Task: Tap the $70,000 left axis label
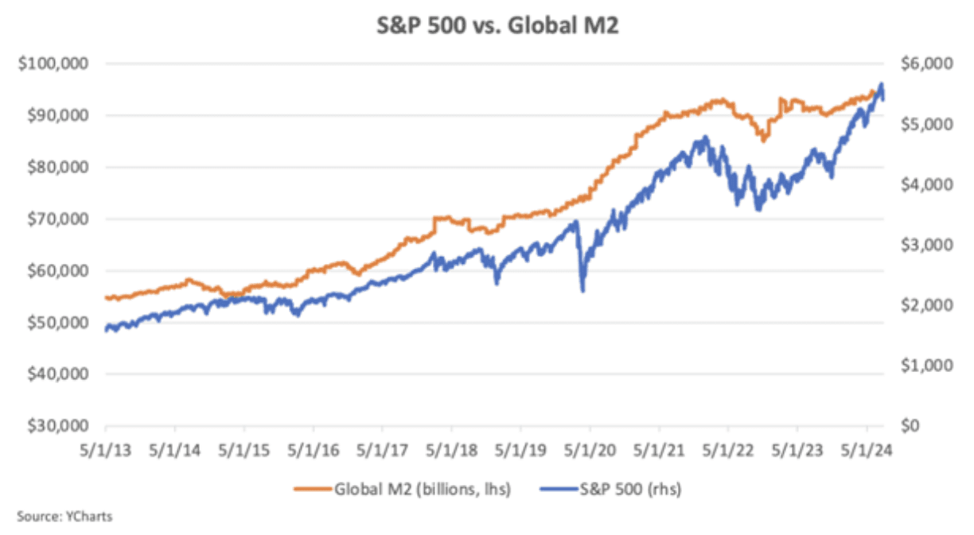[55, 219]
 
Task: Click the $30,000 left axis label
[55, 426]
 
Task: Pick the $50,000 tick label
[55, 323]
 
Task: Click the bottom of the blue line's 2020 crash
[582, 291]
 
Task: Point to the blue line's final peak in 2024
[881, 83]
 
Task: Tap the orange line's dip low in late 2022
[764, 141]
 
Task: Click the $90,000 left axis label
[55, 115]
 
